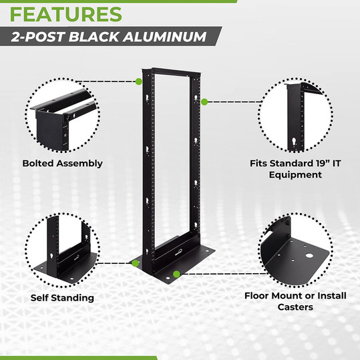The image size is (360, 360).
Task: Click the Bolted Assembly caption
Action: click(x=62, y=163)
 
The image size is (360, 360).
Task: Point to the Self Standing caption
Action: click(x=62, y=297)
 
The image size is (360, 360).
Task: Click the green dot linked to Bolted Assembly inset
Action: click(x=138, y=81)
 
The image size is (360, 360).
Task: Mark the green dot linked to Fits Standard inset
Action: click(x=204, y=102)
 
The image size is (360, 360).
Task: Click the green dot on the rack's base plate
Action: click(x=176, y=274)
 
